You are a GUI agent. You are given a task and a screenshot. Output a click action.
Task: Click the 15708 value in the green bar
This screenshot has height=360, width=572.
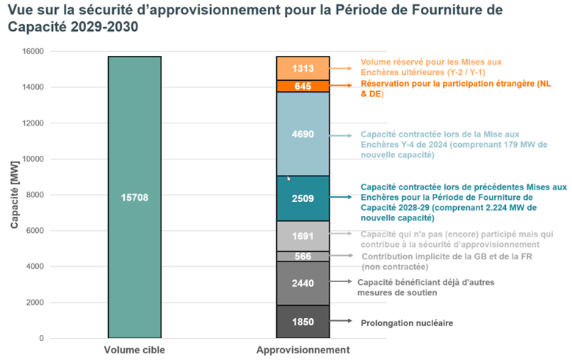(x=134, y=198)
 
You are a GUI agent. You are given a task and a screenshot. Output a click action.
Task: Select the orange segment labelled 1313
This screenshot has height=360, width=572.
(x=303, y=68)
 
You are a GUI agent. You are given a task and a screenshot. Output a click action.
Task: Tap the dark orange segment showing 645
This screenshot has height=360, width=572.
(x=303, y=86)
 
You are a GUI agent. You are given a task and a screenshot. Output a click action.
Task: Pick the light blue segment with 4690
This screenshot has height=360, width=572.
(x=303, y=134)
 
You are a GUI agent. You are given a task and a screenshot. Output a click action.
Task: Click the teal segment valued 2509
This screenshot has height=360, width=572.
(x=303, y=198)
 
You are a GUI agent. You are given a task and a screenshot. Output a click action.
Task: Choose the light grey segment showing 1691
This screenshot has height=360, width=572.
(x=303, y=237)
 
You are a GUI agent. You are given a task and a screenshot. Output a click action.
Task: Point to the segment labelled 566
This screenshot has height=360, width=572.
(x=303, y=256)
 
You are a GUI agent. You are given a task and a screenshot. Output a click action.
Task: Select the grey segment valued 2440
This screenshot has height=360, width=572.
(x=303, y=283)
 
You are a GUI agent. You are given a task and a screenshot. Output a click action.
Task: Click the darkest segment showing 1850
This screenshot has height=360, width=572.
(x=303, y=322)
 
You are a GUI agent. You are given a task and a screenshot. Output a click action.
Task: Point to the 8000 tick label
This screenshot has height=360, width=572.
(x=34, y=195)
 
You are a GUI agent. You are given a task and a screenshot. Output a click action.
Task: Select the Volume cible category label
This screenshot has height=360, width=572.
(x=134, y=350)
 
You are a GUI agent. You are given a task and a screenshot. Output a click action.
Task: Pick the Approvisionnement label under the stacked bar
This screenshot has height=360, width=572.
(x=303, y=350)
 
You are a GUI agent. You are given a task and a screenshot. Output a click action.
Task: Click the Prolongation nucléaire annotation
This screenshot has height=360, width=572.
(x=406, y=323)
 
